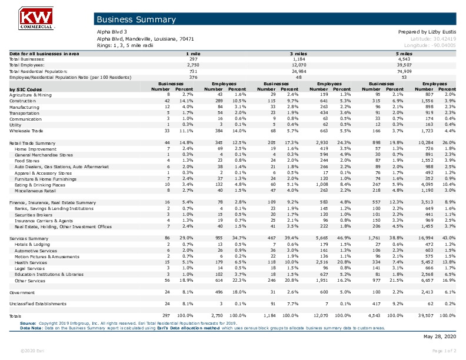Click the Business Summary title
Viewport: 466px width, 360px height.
pos(136,20)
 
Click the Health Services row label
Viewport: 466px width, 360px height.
pos(32,263)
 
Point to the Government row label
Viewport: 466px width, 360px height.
pos(22,292)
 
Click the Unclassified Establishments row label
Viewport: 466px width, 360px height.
pos(36,304)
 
